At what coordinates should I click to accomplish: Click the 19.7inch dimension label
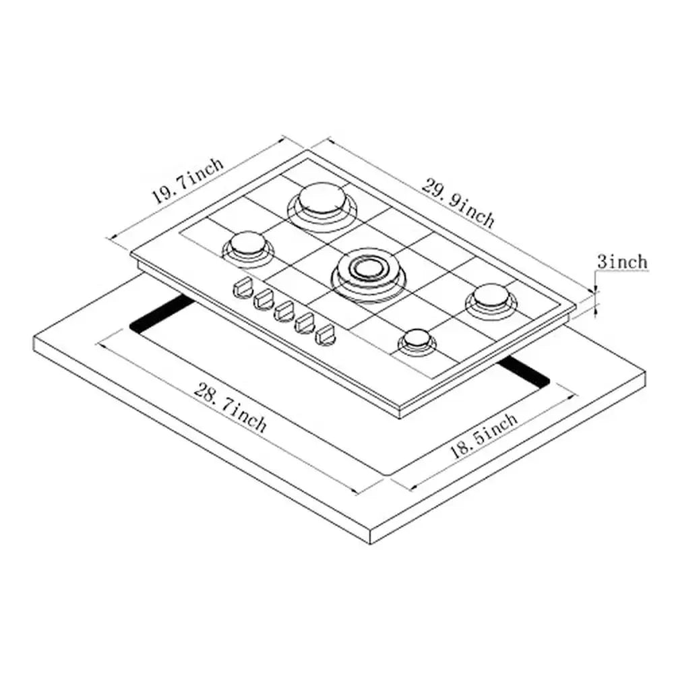pos(187,181)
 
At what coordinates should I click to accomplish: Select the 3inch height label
pos(621,262)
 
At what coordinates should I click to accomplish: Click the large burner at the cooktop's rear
pos(319,200)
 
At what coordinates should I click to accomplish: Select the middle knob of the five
pos(284,311)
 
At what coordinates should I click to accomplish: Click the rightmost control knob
pos(328,333)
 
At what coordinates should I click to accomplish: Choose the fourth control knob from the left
pos(307,321)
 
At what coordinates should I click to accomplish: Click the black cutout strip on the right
pos(524,373)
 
